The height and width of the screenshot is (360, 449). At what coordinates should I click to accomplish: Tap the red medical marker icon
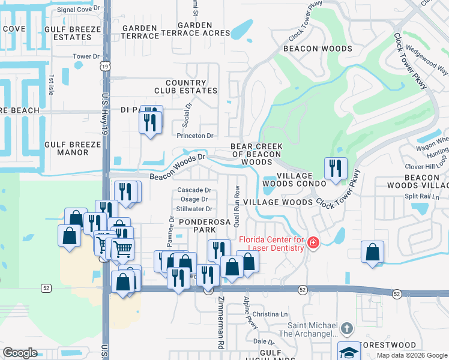point(313,243)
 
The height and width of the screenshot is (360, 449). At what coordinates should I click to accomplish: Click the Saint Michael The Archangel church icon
point(346,328)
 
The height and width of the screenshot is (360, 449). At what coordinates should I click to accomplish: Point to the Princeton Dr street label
point(195,136)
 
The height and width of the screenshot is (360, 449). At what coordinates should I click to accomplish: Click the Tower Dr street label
point(86,56)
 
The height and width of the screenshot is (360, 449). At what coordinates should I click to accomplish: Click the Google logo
point(20,353)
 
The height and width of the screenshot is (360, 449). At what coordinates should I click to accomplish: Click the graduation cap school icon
point(348,352)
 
